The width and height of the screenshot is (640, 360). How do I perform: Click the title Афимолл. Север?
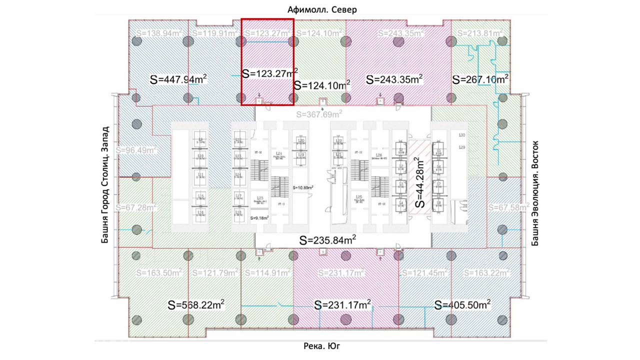coord(322,9)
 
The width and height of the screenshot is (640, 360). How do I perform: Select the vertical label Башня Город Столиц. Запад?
coord(105,184)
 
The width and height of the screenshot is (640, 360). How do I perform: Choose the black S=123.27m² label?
coord(269,73)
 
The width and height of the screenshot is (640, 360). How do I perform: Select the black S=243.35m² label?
coord(394,79)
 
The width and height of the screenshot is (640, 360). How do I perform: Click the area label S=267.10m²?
coord(480,79)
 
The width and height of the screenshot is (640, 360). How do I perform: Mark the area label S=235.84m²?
coord(327,240)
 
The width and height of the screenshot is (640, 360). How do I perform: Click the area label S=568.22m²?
coord(195,305)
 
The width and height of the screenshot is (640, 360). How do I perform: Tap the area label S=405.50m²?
coord(462,305)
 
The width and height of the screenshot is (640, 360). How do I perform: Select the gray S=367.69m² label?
coord(318,114)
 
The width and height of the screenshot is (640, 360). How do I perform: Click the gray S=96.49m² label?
coord(136,149)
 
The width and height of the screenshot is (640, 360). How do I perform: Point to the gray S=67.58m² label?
coord(508,207)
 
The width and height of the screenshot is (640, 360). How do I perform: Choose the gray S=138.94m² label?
coord(157,34)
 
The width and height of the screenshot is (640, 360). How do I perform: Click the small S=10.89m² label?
coord(303,187)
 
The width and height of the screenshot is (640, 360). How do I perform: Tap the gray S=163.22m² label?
coord(487,273)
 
